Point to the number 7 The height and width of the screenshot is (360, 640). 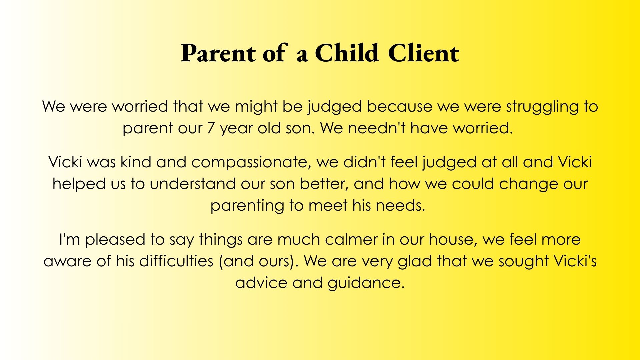211,128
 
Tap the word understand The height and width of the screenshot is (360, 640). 193,184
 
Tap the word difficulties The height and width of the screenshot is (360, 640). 176,261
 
